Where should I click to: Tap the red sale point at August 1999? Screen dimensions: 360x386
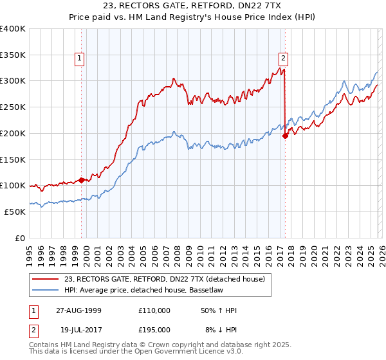(x=82, y=180)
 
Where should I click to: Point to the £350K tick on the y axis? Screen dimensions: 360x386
(x=13, y=55)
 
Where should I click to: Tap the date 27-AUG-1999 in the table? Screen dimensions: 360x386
(x=78, y=310)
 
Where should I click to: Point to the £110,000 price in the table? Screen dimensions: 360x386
(x=154, y=310)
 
